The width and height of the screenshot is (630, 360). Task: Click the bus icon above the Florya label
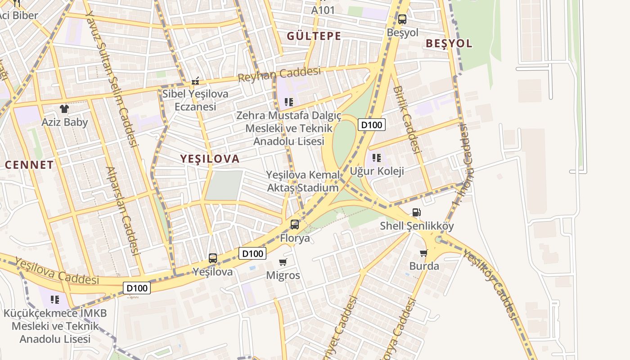click(x=294, y=224)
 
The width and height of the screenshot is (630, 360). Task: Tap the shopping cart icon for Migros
click(x=283, y=262)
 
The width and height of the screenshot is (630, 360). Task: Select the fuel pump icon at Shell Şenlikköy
click(x=417, y=212)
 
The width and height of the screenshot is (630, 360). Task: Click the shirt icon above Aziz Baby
click(x=64, y=108)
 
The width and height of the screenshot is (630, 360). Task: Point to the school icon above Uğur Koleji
click(x=377, y=158)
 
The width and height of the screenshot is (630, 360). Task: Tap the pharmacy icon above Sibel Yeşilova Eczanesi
click(x=195, y=81)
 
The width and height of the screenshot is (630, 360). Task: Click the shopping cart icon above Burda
click(x=423, y=253)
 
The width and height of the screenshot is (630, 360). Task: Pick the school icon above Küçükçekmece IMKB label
click(x=55, y=300)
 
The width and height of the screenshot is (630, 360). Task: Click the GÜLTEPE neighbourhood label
click(x=314, y=36)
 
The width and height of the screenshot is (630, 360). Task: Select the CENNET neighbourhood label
click(x=29, y=165)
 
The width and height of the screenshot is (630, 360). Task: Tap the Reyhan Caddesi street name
click(x=279, y=74)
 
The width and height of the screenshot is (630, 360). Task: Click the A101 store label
click(x=323, y=10)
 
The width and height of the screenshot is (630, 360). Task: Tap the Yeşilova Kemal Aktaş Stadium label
click(x=302, y=181)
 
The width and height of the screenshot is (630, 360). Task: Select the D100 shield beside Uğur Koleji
click(x=372, y=125)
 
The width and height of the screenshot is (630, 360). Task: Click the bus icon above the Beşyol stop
click(x=402, y=19)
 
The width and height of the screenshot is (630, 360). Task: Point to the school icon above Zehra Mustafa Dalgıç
click(x=288, y=102)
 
